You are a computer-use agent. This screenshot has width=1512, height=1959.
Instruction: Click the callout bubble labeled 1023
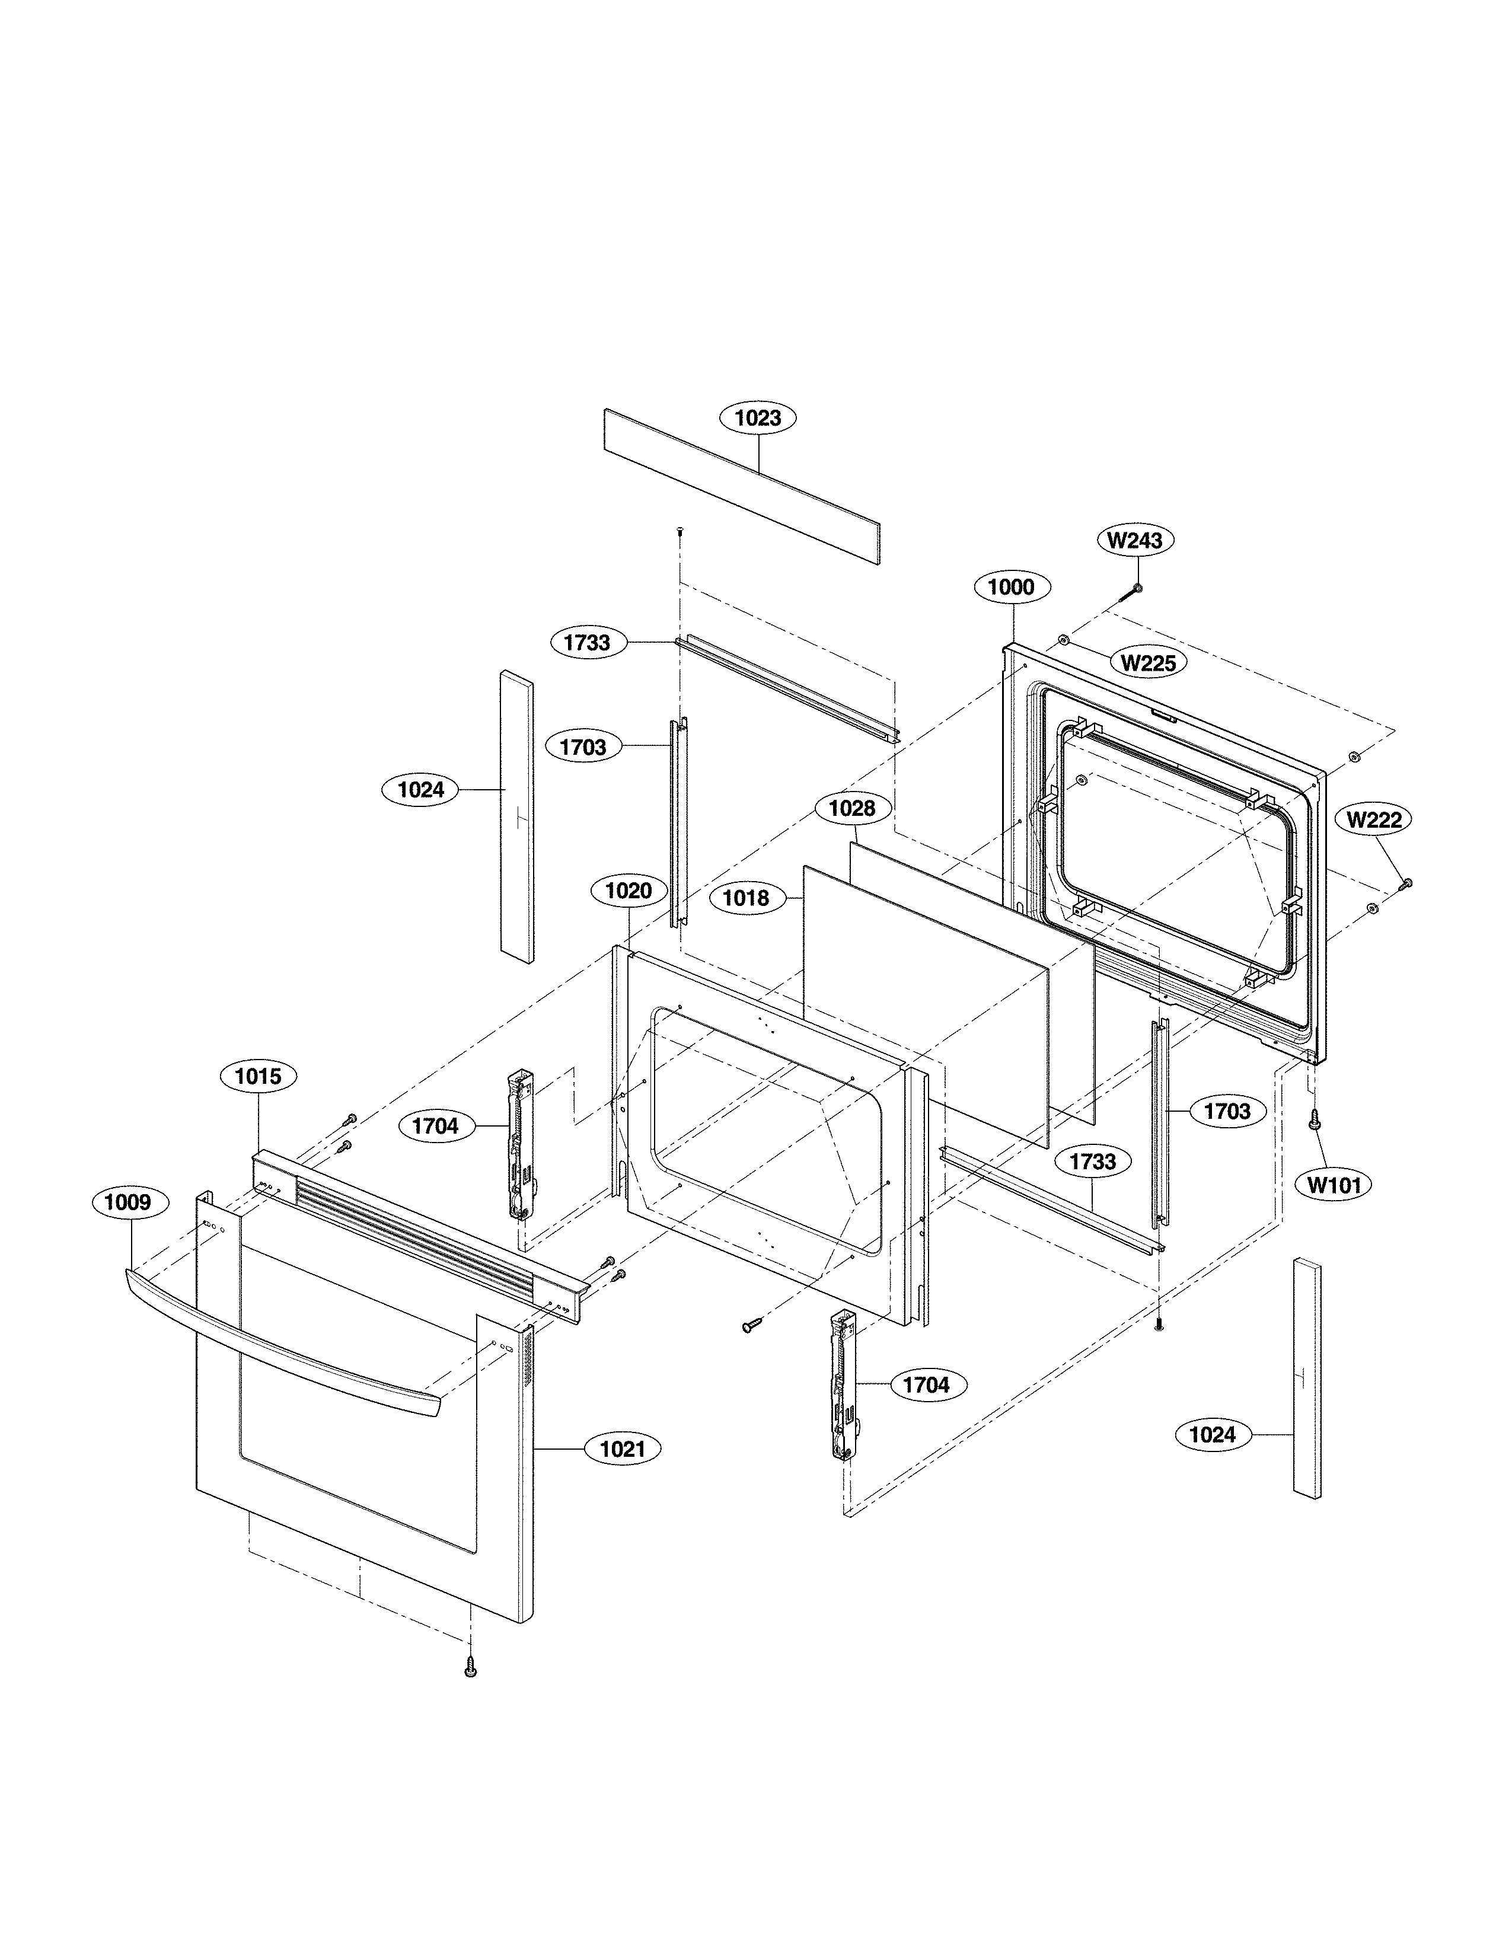pyautogui.click(x=758, y=418)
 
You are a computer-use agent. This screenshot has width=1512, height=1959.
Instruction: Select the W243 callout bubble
pyautogui.click(x=1134, y=540)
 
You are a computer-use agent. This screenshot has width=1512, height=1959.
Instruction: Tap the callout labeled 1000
pyautogui.click(x=1011, y=588)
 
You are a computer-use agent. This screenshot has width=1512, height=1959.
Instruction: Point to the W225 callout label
pyautogui.click(x=1149, y=663)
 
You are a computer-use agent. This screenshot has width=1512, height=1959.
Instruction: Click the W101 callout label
pyautogui.click(x=1334, y=1185)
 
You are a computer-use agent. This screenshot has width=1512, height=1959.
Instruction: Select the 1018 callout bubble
pyautogui.click(x=746, y=898)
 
